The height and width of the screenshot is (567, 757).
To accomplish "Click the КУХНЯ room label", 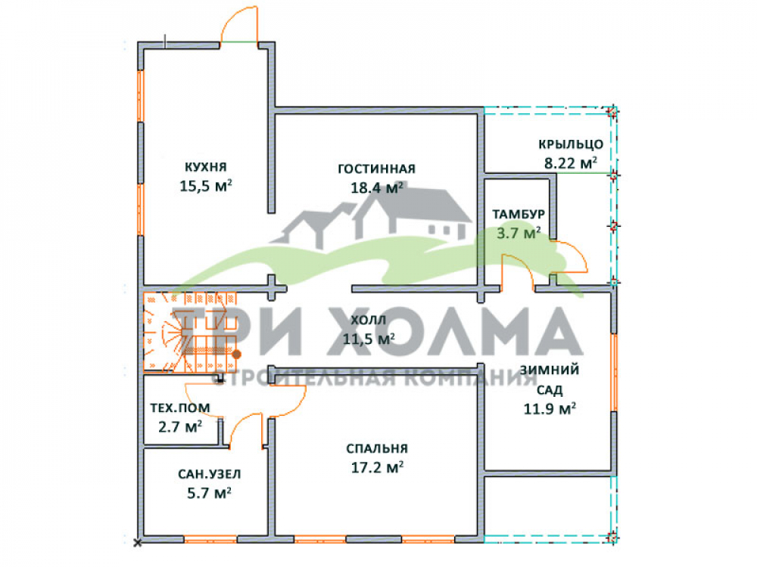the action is pos(206,167).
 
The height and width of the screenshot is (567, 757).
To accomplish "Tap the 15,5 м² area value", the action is pos(206,186).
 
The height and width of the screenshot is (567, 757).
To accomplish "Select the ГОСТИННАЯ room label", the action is pos(376,169).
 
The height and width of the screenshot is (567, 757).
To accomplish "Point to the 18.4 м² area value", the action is pos(376,187).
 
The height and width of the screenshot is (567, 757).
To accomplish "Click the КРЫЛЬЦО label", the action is pos(571,144).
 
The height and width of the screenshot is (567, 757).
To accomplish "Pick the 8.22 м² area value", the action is pos(571,163).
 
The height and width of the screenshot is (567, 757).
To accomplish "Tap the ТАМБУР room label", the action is pos(519,214).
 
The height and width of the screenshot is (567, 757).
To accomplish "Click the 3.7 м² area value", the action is pos(519,234).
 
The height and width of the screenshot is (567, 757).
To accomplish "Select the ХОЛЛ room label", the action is pos(369,320).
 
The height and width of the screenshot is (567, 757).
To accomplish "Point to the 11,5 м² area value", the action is pos(369,339).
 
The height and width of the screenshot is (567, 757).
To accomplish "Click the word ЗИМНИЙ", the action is pos(550,370).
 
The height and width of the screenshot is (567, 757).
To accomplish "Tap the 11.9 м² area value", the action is pos(550,409).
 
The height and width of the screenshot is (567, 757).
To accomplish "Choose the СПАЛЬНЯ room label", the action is pos(377,449).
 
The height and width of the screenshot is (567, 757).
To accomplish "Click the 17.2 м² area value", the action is pos(377,467).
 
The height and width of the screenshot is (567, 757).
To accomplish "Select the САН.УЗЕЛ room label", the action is pos(209,475).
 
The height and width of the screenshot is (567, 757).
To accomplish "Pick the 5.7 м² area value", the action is pos(209,493).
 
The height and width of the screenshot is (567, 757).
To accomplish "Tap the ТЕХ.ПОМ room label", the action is pos(180,408).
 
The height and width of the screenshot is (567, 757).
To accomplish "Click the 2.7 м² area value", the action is pos(180,426).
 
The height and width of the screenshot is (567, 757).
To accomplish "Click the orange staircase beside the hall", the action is pos(190,332).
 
